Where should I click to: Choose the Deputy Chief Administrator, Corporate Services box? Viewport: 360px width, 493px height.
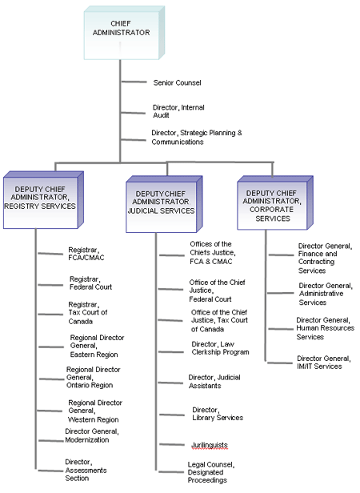[272, 199]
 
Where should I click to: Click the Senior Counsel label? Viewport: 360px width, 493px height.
[177, 82]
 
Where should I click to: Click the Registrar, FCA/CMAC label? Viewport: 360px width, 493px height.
[86, 254]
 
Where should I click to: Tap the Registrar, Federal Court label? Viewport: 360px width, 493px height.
[90, 283]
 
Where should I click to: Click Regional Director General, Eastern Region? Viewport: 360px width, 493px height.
[96, 345]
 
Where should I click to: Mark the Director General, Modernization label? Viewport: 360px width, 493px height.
[92, 435]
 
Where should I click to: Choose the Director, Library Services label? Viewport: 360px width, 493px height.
[218, 413]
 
